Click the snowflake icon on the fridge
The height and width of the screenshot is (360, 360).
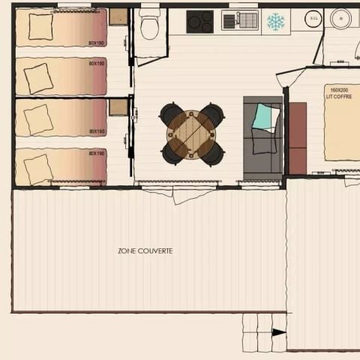click(x=276, y=22)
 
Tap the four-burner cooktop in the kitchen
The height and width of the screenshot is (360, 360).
click(x=199, y=21)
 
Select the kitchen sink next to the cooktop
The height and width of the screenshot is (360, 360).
click(x=240, y=21)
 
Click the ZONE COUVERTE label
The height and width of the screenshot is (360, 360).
click(x=145, y=250)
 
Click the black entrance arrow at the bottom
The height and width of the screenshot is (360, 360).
click(x=278, y=332)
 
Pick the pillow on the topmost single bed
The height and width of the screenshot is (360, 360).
click(x=40, y=26)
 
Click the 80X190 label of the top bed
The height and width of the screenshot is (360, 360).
click(x=97, y=43)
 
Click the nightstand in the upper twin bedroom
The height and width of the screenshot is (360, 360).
click(x=118, y=16)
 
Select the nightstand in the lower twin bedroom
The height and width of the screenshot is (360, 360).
click(x=118, y=107)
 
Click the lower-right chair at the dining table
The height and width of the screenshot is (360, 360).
click(x=212, y=154)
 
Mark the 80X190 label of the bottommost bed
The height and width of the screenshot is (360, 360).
click(x=97, y=154)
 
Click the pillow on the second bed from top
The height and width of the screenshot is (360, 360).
click(x=38, y=77)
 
